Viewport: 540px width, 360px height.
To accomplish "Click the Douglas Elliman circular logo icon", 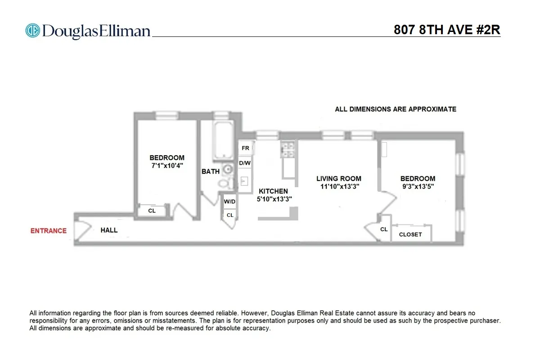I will pos(33,31).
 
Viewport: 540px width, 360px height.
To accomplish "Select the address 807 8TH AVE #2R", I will pos(447,30).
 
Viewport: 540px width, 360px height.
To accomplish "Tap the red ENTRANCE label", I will pos(48,231).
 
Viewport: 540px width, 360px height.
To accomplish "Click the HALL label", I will pos(109,230).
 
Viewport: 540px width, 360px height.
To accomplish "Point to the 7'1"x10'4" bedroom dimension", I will pos(167,166).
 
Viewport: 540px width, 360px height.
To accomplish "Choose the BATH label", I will pos(211,171).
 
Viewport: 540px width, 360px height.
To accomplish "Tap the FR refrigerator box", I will pos(245,148).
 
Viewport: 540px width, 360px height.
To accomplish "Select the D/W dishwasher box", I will pos(245,163).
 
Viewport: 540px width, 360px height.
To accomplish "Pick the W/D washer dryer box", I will pos(230,202).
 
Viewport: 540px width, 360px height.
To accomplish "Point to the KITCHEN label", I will pos(273,191).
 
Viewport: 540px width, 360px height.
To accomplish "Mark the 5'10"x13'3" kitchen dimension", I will pos(274,199).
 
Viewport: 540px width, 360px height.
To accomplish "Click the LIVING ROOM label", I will pos(338,179).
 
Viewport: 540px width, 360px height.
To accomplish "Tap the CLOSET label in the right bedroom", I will pos(410,234).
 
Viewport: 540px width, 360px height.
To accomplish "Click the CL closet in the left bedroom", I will pos(152,211).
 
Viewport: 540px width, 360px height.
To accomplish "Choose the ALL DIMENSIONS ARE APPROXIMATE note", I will pos(396,109).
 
